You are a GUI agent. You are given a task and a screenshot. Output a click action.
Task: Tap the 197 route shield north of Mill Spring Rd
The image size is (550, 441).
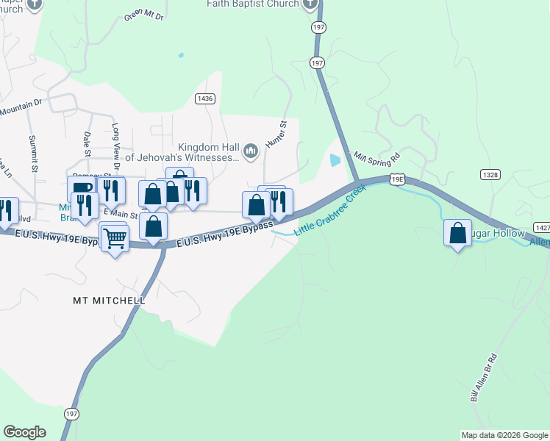[x=317, y=63]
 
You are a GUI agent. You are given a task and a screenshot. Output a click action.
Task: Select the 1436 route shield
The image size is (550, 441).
[x=205, y=98]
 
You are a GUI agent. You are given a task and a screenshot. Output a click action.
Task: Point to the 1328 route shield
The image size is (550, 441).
[x=492, y=174]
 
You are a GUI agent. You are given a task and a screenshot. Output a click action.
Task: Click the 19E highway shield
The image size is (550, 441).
[x=397, y=179]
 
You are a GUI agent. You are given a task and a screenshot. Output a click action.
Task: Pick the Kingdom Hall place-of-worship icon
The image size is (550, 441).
[x=251, y=151]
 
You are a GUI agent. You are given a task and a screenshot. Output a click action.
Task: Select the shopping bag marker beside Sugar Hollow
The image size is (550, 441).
[x=458, y=233]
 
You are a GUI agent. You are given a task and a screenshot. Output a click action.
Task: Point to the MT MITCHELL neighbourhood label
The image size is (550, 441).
[x=109, y=301]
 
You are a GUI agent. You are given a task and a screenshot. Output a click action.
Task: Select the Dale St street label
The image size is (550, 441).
[x=87, y=144]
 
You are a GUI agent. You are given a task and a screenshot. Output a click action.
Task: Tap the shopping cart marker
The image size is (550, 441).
[x=115, y=238]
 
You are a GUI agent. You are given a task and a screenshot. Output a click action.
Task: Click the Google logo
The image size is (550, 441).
[x=24, y=432]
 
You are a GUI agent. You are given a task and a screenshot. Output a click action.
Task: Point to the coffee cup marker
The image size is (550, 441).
[x=82, y=189]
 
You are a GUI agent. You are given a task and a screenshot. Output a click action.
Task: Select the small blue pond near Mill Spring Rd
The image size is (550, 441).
[x=336, y=159]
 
